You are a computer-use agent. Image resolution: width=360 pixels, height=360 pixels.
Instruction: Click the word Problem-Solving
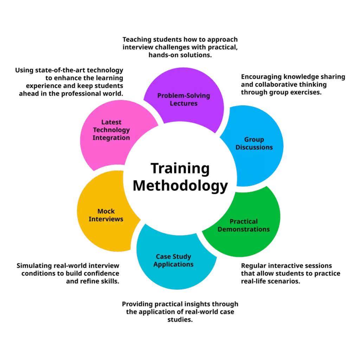184,96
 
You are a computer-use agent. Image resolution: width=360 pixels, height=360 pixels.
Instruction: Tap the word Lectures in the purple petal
184,103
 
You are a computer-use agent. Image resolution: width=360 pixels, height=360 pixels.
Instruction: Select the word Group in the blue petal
254,140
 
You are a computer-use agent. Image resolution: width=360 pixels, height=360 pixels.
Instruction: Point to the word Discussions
254,147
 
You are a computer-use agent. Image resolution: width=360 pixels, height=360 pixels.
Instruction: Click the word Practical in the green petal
244,221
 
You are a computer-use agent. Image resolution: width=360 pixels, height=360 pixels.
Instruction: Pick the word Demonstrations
244,229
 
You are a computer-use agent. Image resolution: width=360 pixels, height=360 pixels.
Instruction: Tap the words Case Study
173,257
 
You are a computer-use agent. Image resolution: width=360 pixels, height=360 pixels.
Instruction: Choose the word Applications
173,264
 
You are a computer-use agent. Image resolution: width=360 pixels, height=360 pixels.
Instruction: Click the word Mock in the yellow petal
106,211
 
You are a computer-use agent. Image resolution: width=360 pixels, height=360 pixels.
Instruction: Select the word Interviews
106,219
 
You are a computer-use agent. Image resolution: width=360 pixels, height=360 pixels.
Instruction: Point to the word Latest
111,122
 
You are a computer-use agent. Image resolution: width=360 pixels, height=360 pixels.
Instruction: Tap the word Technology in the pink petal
111,130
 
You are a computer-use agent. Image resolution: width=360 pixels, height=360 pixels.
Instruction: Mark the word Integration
111,137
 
